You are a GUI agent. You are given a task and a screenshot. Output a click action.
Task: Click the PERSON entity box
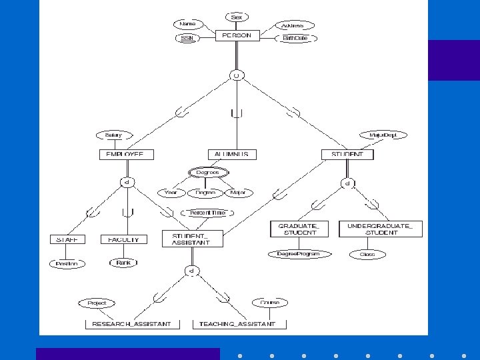tap(237, 35)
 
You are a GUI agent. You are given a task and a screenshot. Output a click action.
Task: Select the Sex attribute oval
tap(237, 17)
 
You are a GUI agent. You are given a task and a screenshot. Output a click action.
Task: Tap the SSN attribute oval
tap(186, 39)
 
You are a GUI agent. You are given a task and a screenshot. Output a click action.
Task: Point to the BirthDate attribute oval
tap(295, 39)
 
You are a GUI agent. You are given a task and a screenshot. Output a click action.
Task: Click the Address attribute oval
tap(292, 25)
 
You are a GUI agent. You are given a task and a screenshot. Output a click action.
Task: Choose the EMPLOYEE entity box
tap(125, 154)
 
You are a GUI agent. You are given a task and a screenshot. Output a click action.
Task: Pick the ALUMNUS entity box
tap(231, 154)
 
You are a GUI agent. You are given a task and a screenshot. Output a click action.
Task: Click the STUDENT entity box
tap(347, 154)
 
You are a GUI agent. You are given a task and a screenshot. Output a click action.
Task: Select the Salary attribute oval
tap(113, 135)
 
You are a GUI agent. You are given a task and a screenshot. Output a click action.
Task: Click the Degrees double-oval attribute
tap(207, 173)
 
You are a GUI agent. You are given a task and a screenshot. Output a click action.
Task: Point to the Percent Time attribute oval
tap(207, 213)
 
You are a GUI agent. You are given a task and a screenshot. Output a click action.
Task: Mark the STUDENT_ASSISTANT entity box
tap(192, 239)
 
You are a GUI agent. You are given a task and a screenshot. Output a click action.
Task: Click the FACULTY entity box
tap(123, 239)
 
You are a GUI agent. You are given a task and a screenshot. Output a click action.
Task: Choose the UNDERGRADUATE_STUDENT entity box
tap(380, 229)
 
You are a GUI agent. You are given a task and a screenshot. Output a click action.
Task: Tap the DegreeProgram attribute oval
tap(298, 254)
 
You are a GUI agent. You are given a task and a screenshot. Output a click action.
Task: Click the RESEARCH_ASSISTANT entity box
tap(131, 324)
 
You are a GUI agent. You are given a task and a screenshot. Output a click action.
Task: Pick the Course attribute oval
tap(269, 303)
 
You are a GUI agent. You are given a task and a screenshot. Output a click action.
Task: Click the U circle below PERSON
tap(236, 76)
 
